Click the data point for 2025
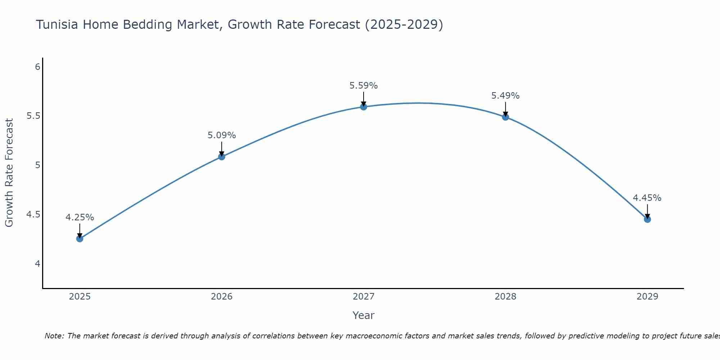tap(80, 238)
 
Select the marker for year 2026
tap(221, 157)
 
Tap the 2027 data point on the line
tap(363, 107)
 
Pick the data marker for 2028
tap(505, 117)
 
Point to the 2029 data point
tap(647, 219)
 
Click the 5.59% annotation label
tap(363, 86)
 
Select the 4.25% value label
tap(80, 217)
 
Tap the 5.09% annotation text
tap(221, 135)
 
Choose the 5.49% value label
tap(505, 96)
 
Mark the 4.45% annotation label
tap(647, 198)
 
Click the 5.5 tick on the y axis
tap(33, 116)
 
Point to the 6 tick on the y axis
tap(37, 67)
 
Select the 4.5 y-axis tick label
tap(33, 215)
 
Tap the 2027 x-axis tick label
tap(363, 297)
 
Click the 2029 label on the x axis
tap(647, 297)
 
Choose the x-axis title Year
tap(363, 315)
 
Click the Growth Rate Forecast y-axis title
tap(9, 173)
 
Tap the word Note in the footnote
tap(54, 336)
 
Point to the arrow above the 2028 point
tap(505, 109)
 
